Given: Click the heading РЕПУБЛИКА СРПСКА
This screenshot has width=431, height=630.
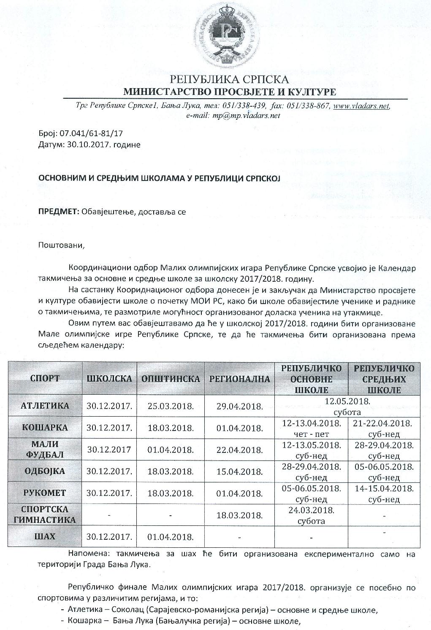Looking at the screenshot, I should (x=229, y=79).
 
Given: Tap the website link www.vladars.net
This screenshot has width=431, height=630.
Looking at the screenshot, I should (x=361, y=106).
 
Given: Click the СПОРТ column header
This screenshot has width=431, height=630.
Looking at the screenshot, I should (x=45, y=378).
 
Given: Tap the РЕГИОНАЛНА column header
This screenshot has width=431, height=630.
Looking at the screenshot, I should (x=239, y=379).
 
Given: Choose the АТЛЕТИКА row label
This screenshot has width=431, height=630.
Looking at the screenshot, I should (x=45, y=406).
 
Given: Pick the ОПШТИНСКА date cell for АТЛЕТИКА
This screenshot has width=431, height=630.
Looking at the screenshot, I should (x=171, y=406).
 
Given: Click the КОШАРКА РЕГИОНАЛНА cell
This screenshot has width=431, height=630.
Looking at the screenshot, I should (x=239, y=428).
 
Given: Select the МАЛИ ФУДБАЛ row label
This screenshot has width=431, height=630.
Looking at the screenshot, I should (x=45, y=449).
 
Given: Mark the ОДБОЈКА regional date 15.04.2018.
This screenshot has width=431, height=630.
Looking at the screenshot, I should (x=239, y=471).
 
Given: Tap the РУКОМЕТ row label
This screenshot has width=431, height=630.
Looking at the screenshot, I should (x=45, y=493).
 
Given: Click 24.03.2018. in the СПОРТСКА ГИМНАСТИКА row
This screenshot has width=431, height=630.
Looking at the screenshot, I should (x=311, y=510).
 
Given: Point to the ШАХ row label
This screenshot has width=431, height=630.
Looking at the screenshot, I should (x=45, y=536).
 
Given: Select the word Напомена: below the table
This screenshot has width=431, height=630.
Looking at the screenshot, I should (x=86, y=554).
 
